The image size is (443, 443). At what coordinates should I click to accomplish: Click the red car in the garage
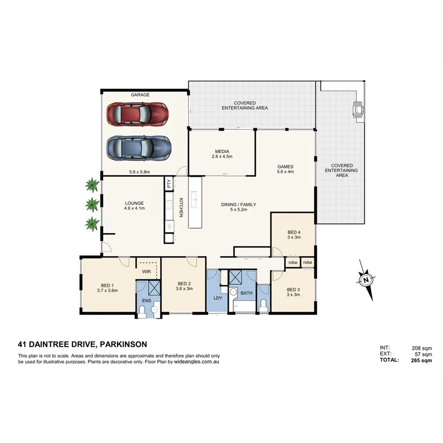point(138,114)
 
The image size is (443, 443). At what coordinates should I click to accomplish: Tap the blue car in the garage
point(139,147)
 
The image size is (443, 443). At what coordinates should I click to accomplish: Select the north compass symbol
point(366,281)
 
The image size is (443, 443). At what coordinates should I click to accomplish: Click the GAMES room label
point(285,166)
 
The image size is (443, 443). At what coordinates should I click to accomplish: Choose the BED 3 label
point(293,289)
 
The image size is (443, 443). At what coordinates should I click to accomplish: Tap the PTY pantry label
point(169,184)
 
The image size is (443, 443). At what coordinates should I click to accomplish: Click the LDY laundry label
point(217,298)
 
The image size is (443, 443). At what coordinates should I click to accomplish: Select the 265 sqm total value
point(421,360)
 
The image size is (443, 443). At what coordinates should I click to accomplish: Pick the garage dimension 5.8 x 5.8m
point(139,172)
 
